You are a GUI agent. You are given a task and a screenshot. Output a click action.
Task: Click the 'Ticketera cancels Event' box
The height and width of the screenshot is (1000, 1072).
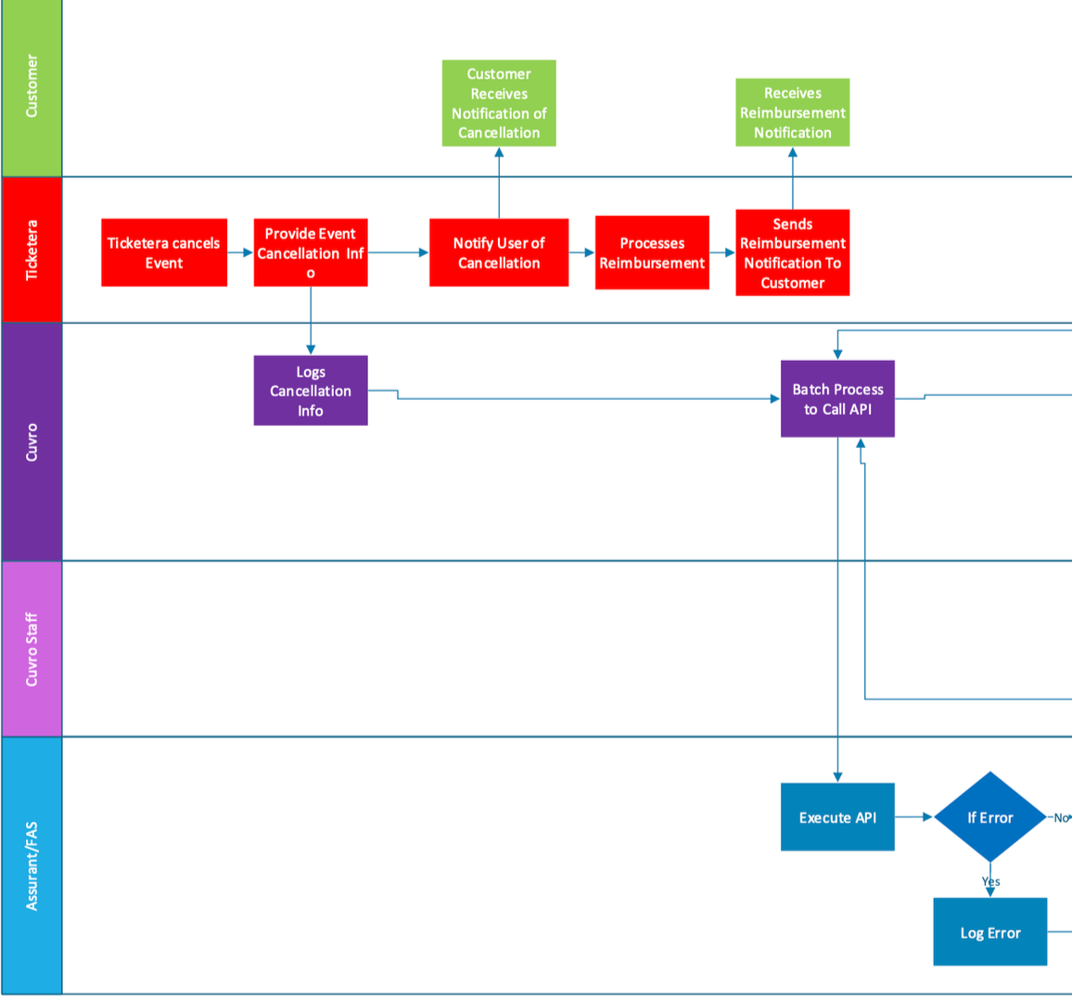(164, 252)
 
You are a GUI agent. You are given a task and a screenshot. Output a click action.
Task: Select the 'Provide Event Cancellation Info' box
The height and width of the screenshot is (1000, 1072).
(311, 252)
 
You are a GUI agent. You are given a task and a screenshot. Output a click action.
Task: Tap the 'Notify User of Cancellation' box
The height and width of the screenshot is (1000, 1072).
(499, 252)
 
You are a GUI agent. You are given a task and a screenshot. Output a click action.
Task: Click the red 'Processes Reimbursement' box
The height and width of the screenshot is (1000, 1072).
(652, 252)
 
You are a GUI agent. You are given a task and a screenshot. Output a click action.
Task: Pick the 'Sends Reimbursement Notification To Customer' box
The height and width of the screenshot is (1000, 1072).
(792, 252)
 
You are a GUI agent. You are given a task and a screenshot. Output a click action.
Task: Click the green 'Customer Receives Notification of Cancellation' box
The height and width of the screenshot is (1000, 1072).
(499, 103)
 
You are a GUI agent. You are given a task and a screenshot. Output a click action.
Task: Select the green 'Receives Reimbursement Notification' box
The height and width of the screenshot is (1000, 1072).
(792, 112)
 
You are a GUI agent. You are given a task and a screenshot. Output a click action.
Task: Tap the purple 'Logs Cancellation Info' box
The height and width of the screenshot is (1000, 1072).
(311, 391)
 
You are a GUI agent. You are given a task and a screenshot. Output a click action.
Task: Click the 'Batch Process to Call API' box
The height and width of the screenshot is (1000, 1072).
(837, 399)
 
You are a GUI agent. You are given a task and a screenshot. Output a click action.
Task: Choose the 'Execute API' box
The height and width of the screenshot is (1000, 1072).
(837, 817)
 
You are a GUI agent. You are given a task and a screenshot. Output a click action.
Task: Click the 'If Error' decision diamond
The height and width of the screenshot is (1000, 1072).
(989, 817)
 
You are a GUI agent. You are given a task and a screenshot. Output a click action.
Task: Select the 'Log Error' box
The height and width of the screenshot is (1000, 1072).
(989, 932)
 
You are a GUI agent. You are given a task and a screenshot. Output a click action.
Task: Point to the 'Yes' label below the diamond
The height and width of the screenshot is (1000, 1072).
(990, 881)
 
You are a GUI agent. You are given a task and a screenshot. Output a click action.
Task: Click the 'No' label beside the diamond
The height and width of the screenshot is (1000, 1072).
(1060, 817)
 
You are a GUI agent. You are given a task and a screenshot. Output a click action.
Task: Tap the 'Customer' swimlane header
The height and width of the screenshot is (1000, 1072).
(32, 85)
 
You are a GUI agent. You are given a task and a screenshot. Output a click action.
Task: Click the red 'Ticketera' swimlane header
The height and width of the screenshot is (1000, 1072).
(32, 250)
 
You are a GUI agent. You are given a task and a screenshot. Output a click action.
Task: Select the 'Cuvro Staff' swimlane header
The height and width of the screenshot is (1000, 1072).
(32, 648)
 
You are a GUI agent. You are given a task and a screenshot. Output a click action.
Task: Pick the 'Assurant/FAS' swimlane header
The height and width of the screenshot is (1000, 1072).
(32, 865)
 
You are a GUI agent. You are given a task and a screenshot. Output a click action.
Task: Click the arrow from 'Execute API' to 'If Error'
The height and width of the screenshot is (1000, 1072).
(914, 817)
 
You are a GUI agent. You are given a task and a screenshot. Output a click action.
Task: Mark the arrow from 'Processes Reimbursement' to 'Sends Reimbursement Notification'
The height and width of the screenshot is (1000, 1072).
(722, 252)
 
